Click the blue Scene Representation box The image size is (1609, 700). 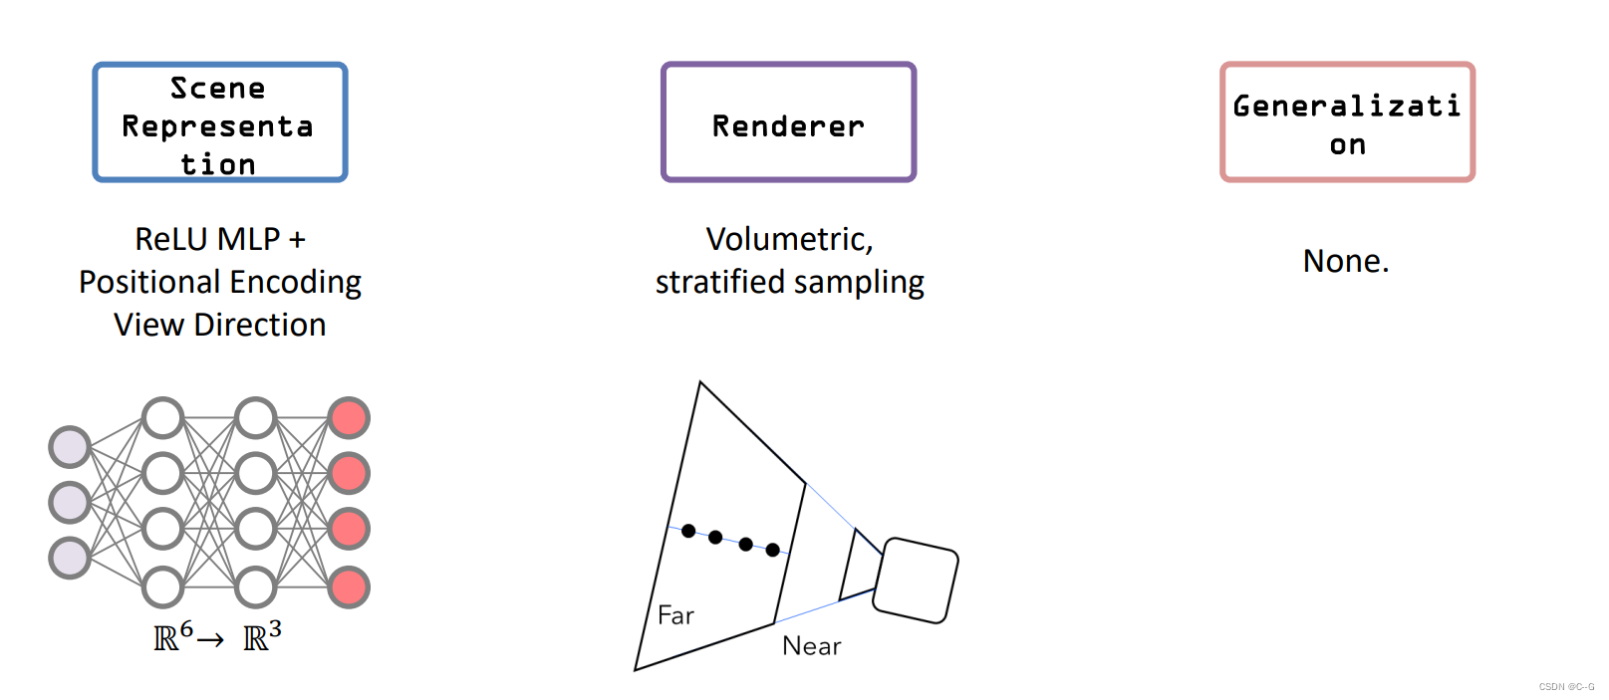[x=220, y=122]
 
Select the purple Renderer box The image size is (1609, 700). [x=788, y=122]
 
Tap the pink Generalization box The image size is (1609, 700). [x=1347, y=122]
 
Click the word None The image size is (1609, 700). [x=1345, y=261]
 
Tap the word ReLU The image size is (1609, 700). [x=171, y=239]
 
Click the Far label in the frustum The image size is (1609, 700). [x=675, y=615]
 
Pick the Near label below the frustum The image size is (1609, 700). [x=811, y=646]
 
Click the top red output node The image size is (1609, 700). [x=349, y=418]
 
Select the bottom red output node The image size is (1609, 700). [x=349, y=587]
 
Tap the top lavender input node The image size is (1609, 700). [x=70, y=447]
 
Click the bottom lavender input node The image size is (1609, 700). [x=70, y=559]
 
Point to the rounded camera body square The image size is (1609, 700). [x=915, y=581]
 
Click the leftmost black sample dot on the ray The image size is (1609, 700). [x=688, y=531]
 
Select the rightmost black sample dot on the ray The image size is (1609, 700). [x=773, y=550]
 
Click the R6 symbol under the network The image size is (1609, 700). [x=172, y=636]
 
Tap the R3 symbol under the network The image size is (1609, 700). [x=262, y=636]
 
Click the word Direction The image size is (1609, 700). [x=260, y=325]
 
